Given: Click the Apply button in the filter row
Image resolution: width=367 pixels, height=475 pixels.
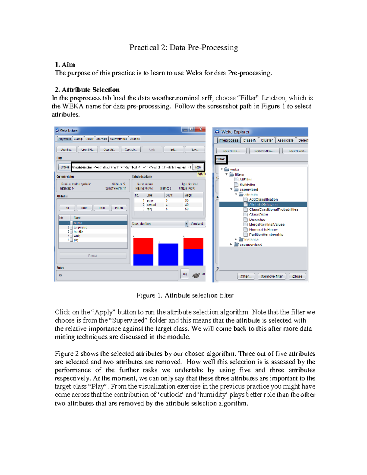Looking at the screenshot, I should [x=198, y=167].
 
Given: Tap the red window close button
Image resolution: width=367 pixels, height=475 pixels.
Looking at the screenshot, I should [x=200, y=129].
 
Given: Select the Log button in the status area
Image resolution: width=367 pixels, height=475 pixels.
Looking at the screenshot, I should [x=185, y=274].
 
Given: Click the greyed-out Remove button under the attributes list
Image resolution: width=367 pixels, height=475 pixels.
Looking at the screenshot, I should [x=93, y=256].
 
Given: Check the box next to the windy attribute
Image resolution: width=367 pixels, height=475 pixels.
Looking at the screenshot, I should [x=72, y=236].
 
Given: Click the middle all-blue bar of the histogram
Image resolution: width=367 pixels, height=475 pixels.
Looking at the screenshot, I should [x=168, y=254].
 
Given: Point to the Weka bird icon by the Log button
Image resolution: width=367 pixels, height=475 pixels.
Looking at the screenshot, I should [x=196, y=275].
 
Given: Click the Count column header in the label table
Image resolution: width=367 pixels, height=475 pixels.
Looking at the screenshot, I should [x=169, y=195].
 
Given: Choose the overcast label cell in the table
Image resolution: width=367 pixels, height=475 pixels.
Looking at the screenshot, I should [x=151, y=205].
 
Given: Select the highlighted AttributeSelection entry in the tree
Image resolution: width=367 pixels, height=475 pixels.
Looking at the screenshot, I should [x=263, y=204].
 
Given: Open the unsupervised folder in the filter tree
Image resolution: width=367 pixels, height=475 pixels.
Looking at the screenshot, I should [x=251, y=244].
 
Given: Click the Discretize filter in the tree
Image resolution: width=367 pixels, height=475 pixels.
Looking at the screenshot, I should [x=257, y=219].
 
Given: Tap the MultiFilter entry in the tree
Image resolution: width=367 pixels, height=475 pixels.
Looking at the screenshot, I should [x=247, y=184].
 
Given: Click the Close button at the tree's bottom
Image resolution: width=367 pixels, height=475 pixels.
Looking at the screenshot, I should [x=297, y=276].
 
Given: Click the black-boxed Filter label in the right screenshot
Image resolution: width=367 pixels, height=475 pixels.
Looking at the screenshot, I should [x=221, y=159].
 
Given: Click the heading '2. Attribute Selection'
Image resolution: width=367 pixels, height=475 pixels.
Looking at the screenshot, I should [x=87, y=90].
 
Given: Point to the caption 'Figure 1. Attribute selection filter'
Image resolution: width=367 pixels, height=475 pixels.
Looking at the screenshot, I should [x=185, y=295].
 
